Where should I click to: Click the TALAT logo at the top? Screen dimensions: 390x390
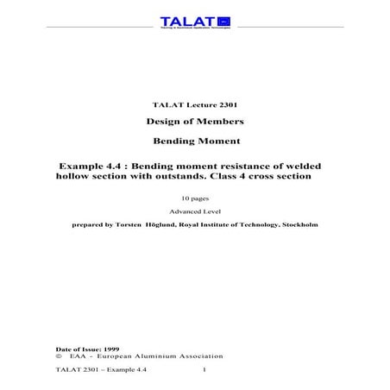tap(194, 22)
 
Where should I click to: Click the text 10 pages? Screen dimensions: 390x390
tap(194, 198)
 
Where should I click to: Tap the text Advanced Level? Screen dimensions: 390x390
tap(194, 212)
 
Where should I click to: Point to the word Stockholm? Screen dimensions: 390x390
tap(298, 224)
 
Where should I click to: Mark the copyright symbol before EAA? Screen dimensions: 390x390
tap(58, 355)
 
